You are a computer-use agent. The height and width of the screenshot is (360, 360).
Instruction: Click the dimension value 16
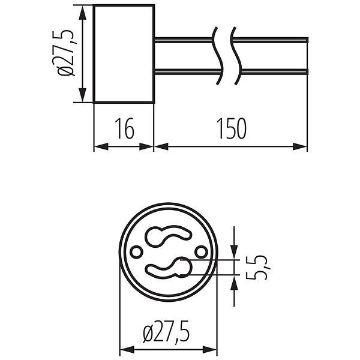[x=125, y=128]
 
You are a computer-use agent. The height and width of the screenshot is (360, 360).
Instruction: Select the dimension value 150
[x=232, y=128]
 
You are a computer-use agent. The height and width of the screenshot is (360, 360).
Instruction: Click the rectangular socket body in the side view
[x=124, y=53]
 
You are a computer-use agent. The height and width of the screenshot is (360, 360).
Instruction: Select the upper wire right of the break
[x=270, y=40]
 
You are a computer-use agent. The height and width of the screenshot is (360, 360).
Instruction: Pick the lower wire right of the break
[x=274, y=71]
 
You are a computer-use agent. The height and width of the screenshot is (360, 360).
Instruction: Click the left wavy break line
[x=218, y=56]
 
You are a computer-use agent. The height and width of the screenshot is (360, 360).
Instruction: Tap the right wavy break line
[x=236, y=56]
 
